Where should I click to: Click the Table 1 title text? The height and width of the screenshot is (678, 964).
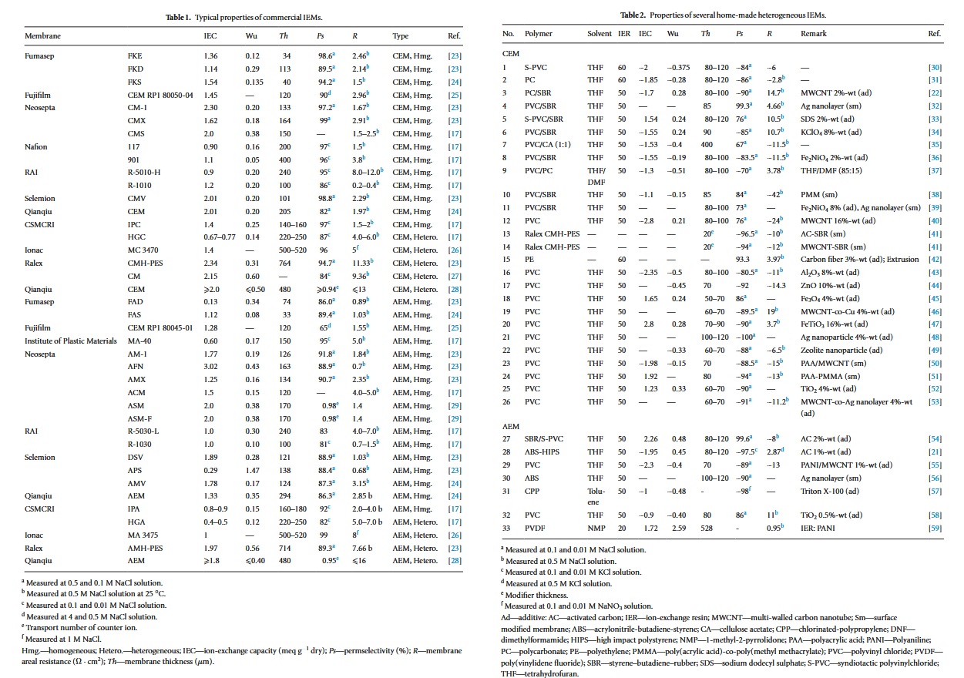click(x=244, y=16)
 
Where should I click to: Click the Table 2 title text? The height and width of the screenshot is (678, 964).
click(x=728, y=15)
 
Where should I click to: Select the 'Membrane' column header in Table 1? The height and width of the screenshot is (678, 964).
click(x=42, y=36)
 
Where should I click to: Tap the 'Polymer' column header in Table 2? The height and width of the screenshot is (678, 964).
click(x=539, y=35)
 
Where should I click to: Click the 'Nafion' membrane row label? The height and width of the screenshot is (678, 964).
click(x=35, y=146)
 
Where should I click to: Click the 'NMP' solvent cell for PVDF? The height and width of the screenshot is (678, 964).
click(x=595, y=528)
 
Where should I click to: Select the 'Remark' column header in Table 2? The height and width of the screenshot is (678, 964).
click(x=814, y=35)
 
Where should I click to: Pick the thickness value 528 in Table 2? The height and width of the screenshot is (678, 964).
click(x=706, y=528)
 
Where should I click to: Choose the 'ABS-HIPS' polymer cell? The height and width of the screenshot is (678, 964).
click(x=542, y=451)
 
